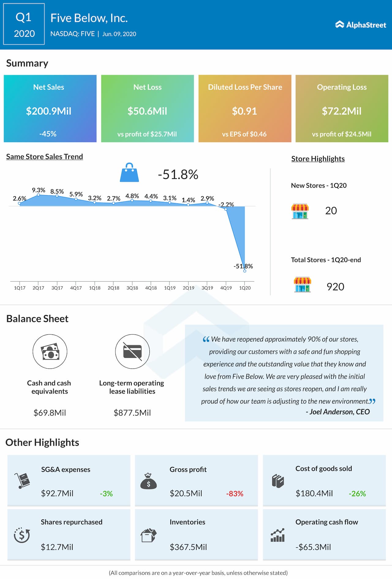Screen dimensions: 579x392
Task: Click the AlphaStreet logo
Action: (x=360, y=25)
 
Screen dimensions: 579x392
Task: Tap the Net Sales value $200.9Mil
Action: (x=49, y=111)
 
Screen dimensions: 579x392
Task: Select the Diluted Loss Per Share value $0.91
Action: (x=244, y=111)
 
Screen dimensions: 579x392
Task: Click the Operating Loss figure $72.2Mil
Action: (x=341, y=111)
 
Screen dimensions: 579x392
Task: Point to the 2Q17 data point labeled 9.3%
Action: (x=38, y=195)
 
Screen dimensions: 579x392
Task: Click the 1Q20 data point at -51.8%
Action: (x=245, y=271)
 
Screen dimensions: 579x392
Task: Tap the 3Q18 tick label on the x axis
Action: (x=132, y=288)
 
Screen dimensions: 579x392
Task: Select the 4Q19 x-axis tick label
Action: (x=226, y=288)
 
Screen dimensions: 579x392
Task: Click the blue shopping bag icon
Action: (x=129, y=173)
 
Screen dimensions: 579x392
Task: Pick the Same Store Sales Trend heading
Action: (x=44, y=156)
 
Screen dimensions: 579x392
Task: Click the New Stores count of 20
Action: (x=331, y=210)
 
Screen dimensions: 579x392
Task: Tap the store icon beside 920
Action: (x=302, y=285)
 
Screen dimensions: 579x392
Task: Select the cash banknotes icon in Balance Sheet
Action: (x=50, y=352)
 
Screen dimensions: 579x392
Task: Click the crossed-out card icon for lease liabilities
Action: (x=132, y=352)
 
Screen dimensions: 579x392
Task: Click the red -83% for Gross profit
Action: (x=235, y=494)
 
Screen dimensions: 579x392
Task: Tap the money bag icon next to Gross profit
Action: (x=149, y=481)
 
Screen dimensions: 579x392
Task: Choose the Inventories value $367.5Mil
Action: (x=188, y=547)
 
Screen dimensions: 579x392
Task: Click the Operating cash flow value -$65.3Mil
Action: (x=313, y=547)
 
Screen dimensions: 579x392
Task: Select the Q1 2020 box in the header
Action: (x=24, y=24)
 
